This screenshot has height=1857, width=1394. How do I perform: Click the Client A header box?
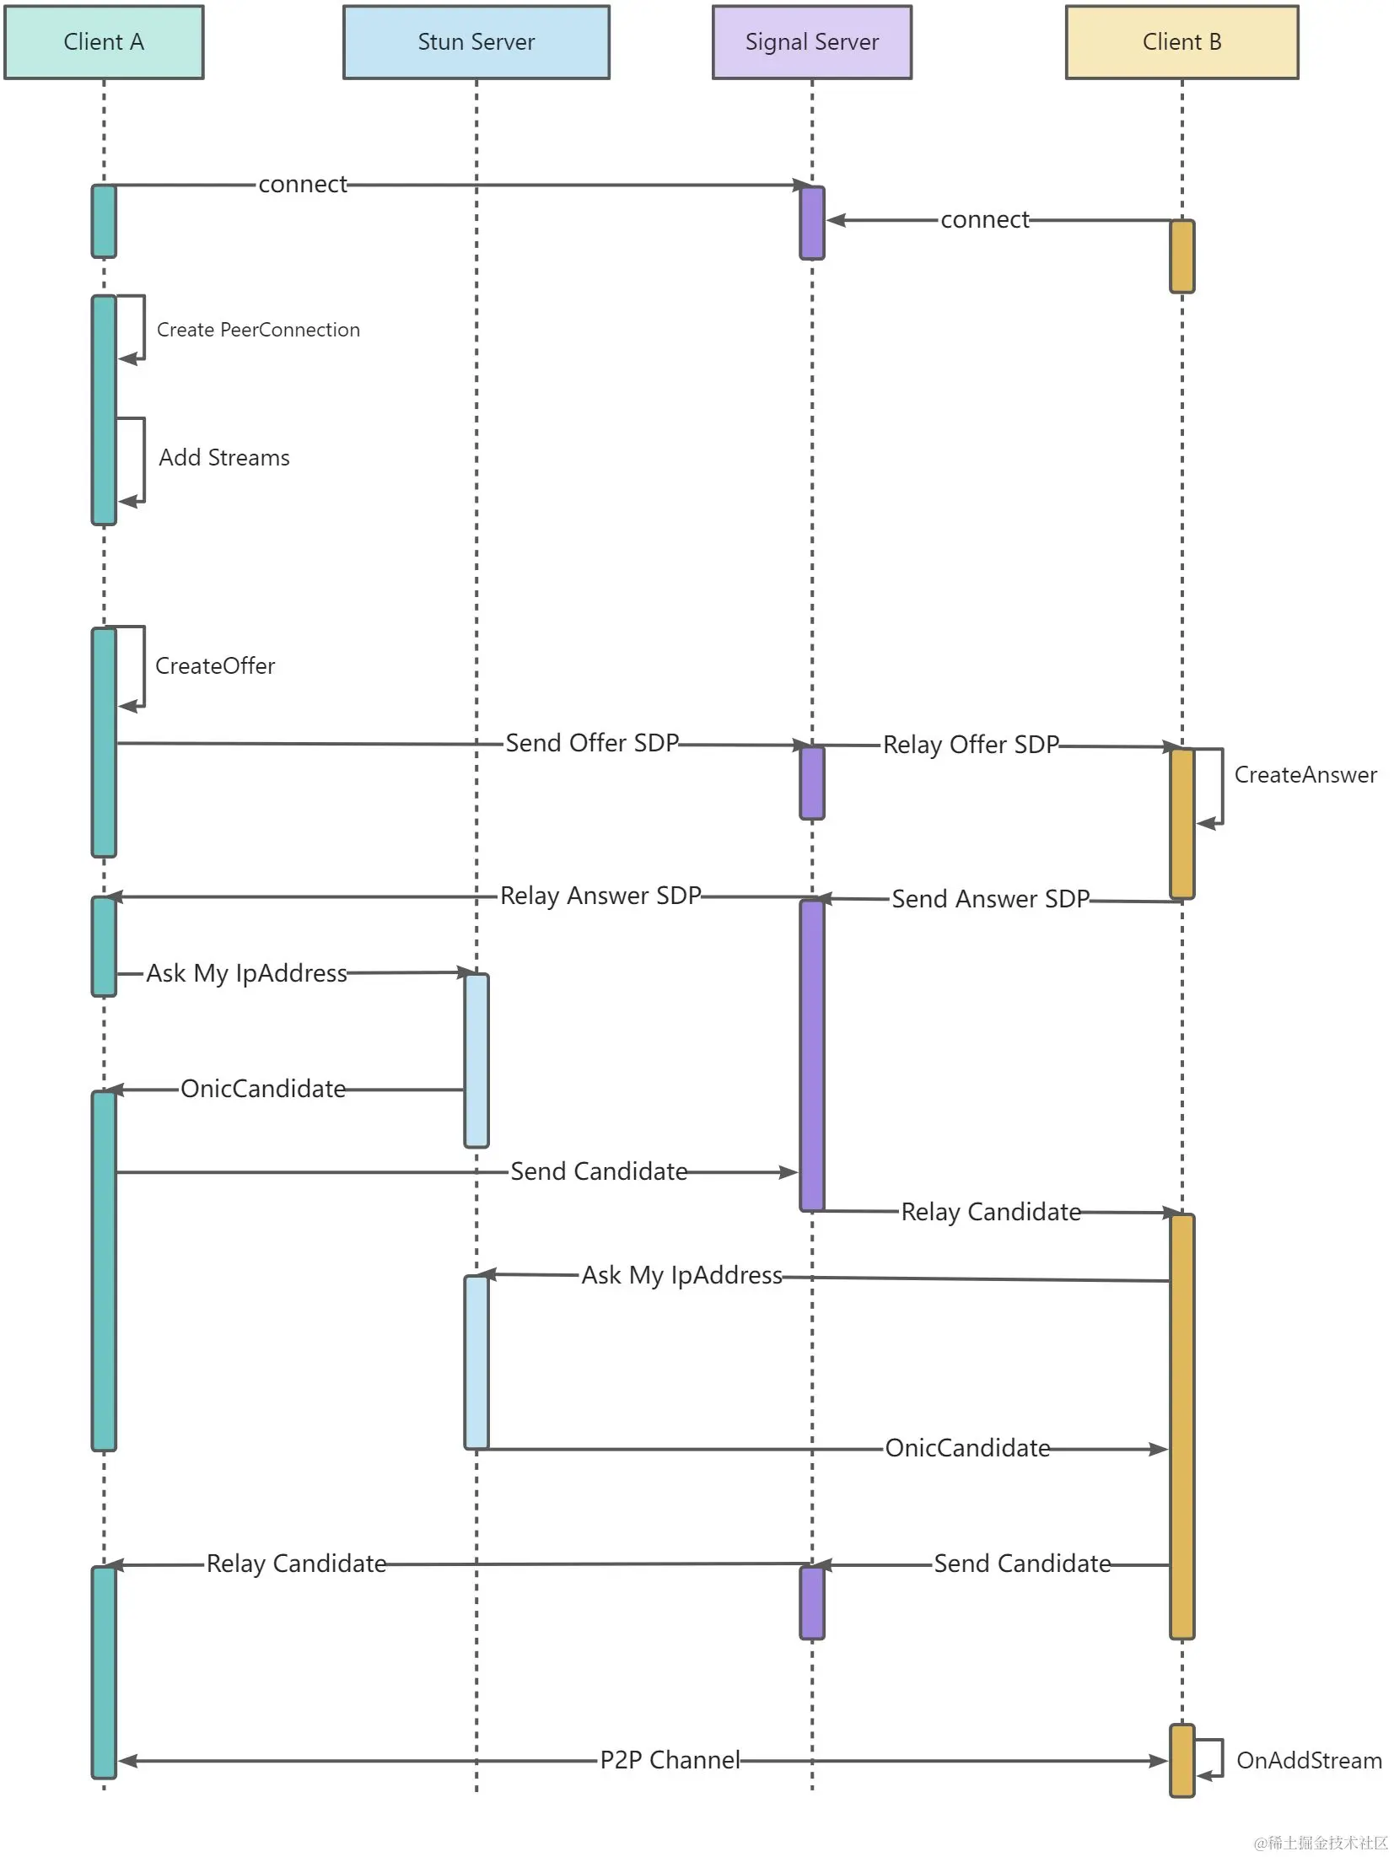(104, 42)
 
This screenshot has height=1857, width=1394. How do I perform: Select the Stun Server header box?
(476, 42)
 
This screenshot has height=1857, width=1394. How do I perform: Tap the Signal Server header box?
(811, 42)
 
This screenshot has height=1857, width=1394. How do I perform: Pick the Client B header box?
(1181, 42)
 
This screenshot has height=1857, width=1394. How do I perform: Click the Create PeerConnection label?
(258, 330)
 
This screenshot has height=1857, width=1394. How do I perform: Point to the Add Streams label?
(224, 458)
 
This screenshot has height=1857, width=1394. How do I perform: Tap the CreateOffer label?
(215, 666)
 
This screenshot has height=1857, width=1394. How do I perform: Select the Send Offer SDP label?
(592, 743)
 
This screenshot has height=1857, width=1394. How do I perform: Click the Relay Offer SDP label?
(971, 745)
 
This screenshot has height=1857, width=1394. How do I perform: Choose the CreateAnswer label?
(1305, 775)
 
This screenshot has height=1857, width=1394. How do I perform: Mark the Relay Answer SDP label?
(600, 896)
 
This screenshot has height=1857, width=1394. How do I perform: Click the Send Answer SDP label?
(991, 899)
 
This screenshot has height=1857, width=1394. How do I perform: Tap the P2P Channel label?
(670, 1760)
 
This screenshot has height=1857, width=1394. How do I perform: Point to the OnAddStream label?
(1309, 1761)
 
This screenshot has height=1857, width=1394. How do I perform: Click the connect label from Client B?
(985, 220)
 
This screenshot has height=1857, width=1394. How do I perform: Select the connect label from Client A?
(303, 185)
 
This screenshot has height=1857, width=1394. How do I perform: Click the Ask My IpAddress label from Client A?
(246, 973)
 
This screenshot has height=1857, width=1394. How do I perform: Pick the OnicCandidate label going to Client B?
(967, 1448)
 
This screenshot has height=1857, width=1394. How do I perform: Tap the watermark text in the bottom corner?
(1321, 1842)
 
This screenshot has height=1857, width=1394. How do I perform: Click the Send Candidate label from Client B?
(1022, 1564)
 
